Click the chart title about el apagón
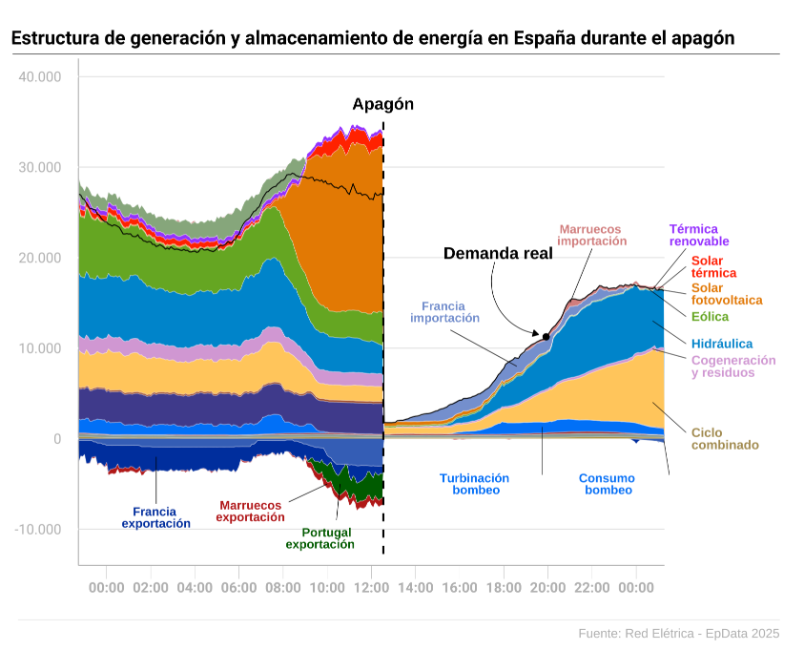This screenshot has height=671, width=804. point(373,39)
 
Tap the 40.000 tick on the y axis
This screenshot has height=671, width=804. point(40,76)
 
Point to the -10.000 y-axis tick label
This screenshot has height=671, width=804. point(38,530)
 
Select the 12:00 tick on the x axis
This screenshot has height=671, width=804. point(372,588)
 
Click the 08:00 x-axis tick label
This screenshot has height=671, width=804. point(283,588)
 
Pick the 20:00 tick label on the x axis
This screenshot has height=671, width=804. point(547,588)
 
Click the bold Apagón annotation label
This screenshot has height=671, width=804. point(382,105)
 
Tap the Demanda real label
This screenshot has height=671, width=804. point(498,253)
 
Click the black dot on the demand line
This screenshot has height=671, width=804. point(546,336)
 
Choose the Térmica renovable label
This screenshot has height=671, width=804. point(701,235)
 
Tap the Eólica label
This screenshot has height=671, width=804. point(710,316)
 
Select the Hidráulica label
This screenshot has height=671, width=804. point(722,344)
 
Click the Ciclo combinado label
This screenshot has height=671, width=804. point(725,438)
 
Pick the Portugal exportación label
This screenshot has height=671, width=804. point(320,537)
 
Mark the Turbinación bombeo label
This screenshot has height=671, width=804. point(474,484)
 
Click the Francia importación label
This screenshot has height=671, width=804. point(444,312)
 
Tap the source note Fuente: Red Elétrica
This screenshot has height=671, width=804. point(678,633)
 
